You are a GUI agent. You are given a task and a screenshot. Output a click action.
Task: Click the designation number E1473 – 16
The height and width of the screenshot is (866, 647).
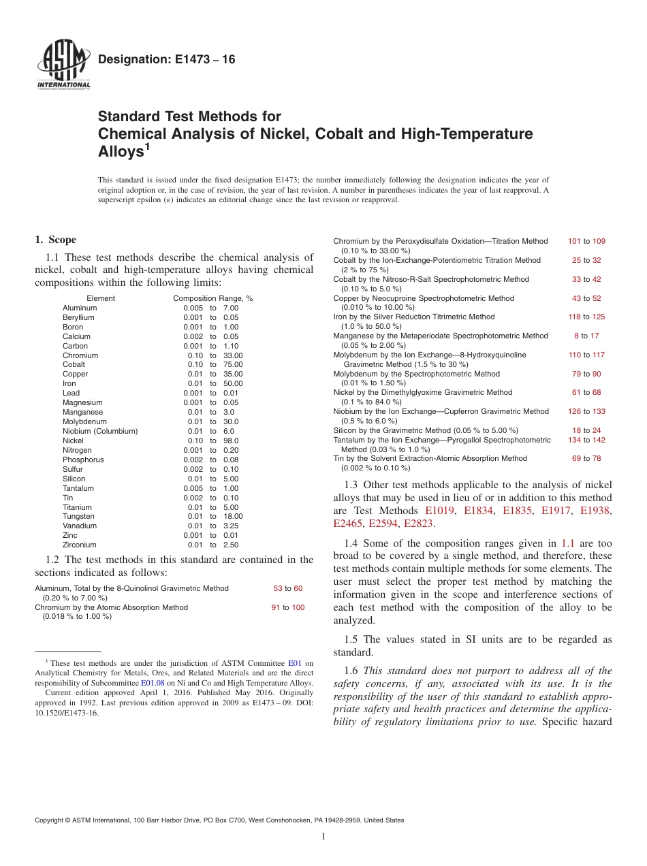(167, 60)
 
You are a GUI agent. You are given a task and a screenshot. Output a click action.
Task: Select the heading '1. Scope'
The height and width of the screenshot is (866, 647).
(55, 240)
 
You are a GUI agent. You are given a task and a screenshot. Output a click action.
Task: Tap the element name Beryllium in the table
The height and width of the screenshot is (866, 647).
(78, 317)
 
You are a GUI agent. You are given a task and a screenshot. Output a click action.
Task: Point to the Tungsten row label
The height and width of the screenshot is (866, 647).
(78, 516)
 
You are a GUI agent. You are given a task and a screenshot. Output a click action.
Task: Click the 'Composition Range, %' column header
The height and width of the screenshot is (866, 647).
(212, 298)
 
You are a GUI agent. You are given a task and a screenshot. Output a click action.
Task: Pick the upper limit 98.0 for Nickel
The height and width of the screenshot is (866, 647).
(231, 440)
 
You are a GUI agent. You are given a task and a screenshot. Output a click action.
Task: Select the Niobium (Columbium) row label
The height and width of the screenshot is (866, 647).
(100, 431)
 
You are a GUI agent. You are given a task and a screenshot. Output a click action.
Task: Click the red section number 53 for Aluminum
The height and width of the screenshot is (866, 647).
(277, 588)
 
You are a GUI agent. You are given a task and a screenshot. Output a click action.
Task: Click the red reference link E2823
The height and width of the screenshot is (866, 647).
(418, 524)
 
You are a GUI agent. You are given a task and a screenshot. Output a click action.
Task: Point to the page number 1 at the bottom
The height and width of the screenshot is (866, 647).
(323, 837)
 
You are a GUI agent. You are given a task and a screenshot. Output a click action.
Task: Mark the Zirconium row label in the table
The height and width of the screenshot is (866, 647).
(80, 545)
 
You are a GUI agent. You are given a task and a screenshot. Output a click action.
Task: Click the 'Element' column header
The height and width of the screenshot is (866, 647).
(101, 298)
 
